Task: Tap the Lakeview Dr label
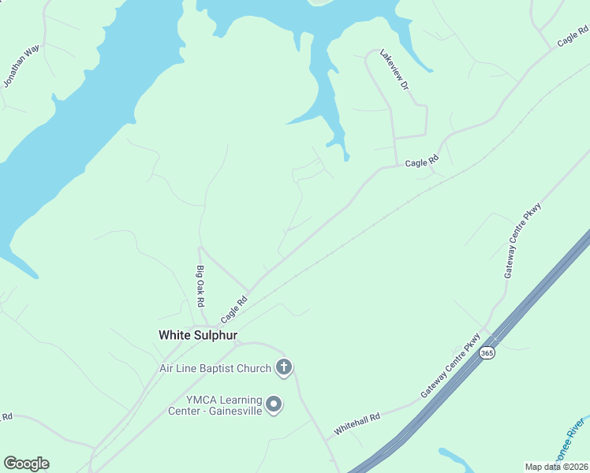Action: coord(394,70)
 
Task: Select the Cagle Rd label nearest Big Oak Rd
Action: coord(234,309)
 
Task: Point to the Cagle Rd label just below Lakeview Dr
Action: coord(421,163)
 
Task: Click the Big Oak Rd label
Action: coord(200,286)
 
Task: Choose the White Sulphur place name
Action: coord(198,335)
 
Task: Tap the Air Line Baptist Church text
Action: coord(215,368)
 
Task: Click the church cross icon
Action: coord(284,367)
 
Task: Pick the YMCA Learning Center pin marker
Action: coord(274,404)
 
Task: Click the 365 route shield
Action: coord(487,354)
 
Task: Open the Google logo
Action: coord(26,464)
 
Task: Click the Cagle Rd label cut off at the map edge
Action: coord(574,38)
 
